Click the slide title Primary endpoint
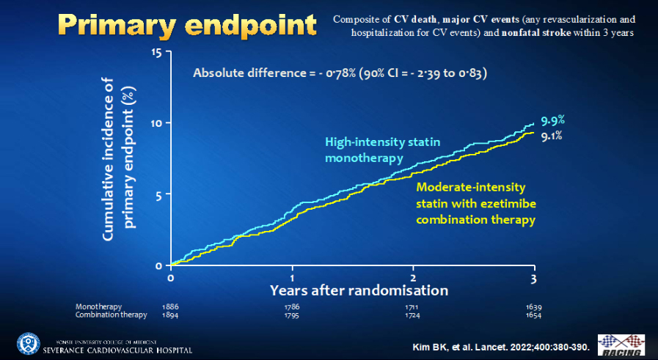click(187, 25)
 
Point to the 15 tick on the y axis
click(156, 52)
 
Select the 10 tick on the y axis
click(156, 122)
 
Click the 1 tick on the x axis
click(292, 279)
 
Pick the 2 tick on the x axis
click(413, 279)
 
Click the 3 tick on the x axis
click(534, 279)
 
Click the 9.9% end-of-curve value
click(552, 120)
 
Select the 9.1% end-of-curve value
click(552, 135)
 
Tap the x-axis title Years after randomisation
click(358, 290)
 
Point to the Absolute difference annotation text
click(340, 73)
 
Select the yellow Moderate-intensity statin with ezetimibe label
click(475, 203)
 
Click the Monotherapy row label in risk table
click(98, 306)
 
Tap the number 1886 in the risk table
click(171, 306)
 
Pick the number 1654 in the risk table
click(533, 315)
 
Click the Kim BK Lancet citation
click(500, 345)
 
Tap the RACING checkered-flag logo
click(621, 345)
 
